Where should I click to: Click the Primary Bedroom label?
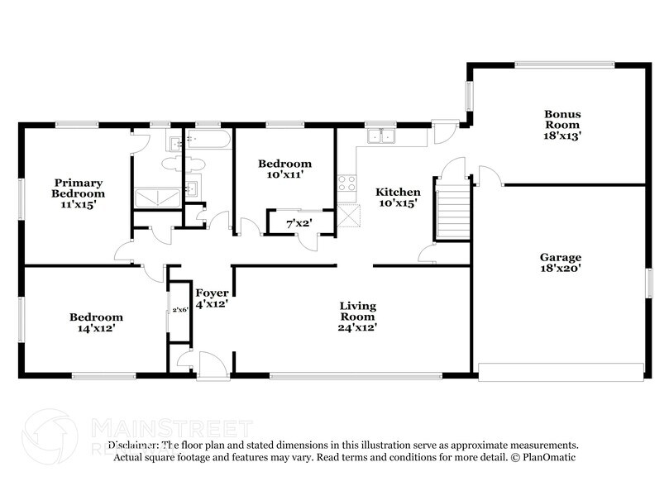pos(79,193)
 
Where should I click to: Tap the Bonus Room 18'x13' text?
pos(561,125)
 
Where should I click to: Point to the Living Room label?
pos(358,317)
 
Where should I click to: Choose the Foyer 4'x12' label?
pos(211,298)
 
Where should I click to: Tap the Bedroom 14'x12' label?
pos(96,322)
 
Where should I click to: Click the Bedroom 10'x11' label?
pos(284,169)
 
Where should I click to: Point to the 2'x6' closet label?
pos(179,310)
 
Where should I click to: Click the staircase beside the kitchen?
pos(452,213)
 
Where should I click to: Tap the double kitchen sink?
pos(381,136)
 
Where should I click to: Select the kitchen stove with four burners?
pos(346,183)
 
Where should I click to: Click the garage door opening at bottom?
pos(561,372)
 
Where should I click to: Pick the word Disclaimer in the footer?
pos(136,445)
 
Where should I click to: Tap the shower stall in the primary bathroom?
pos(156,197)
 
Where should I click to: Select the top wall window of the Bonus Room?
pos(564,64)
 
